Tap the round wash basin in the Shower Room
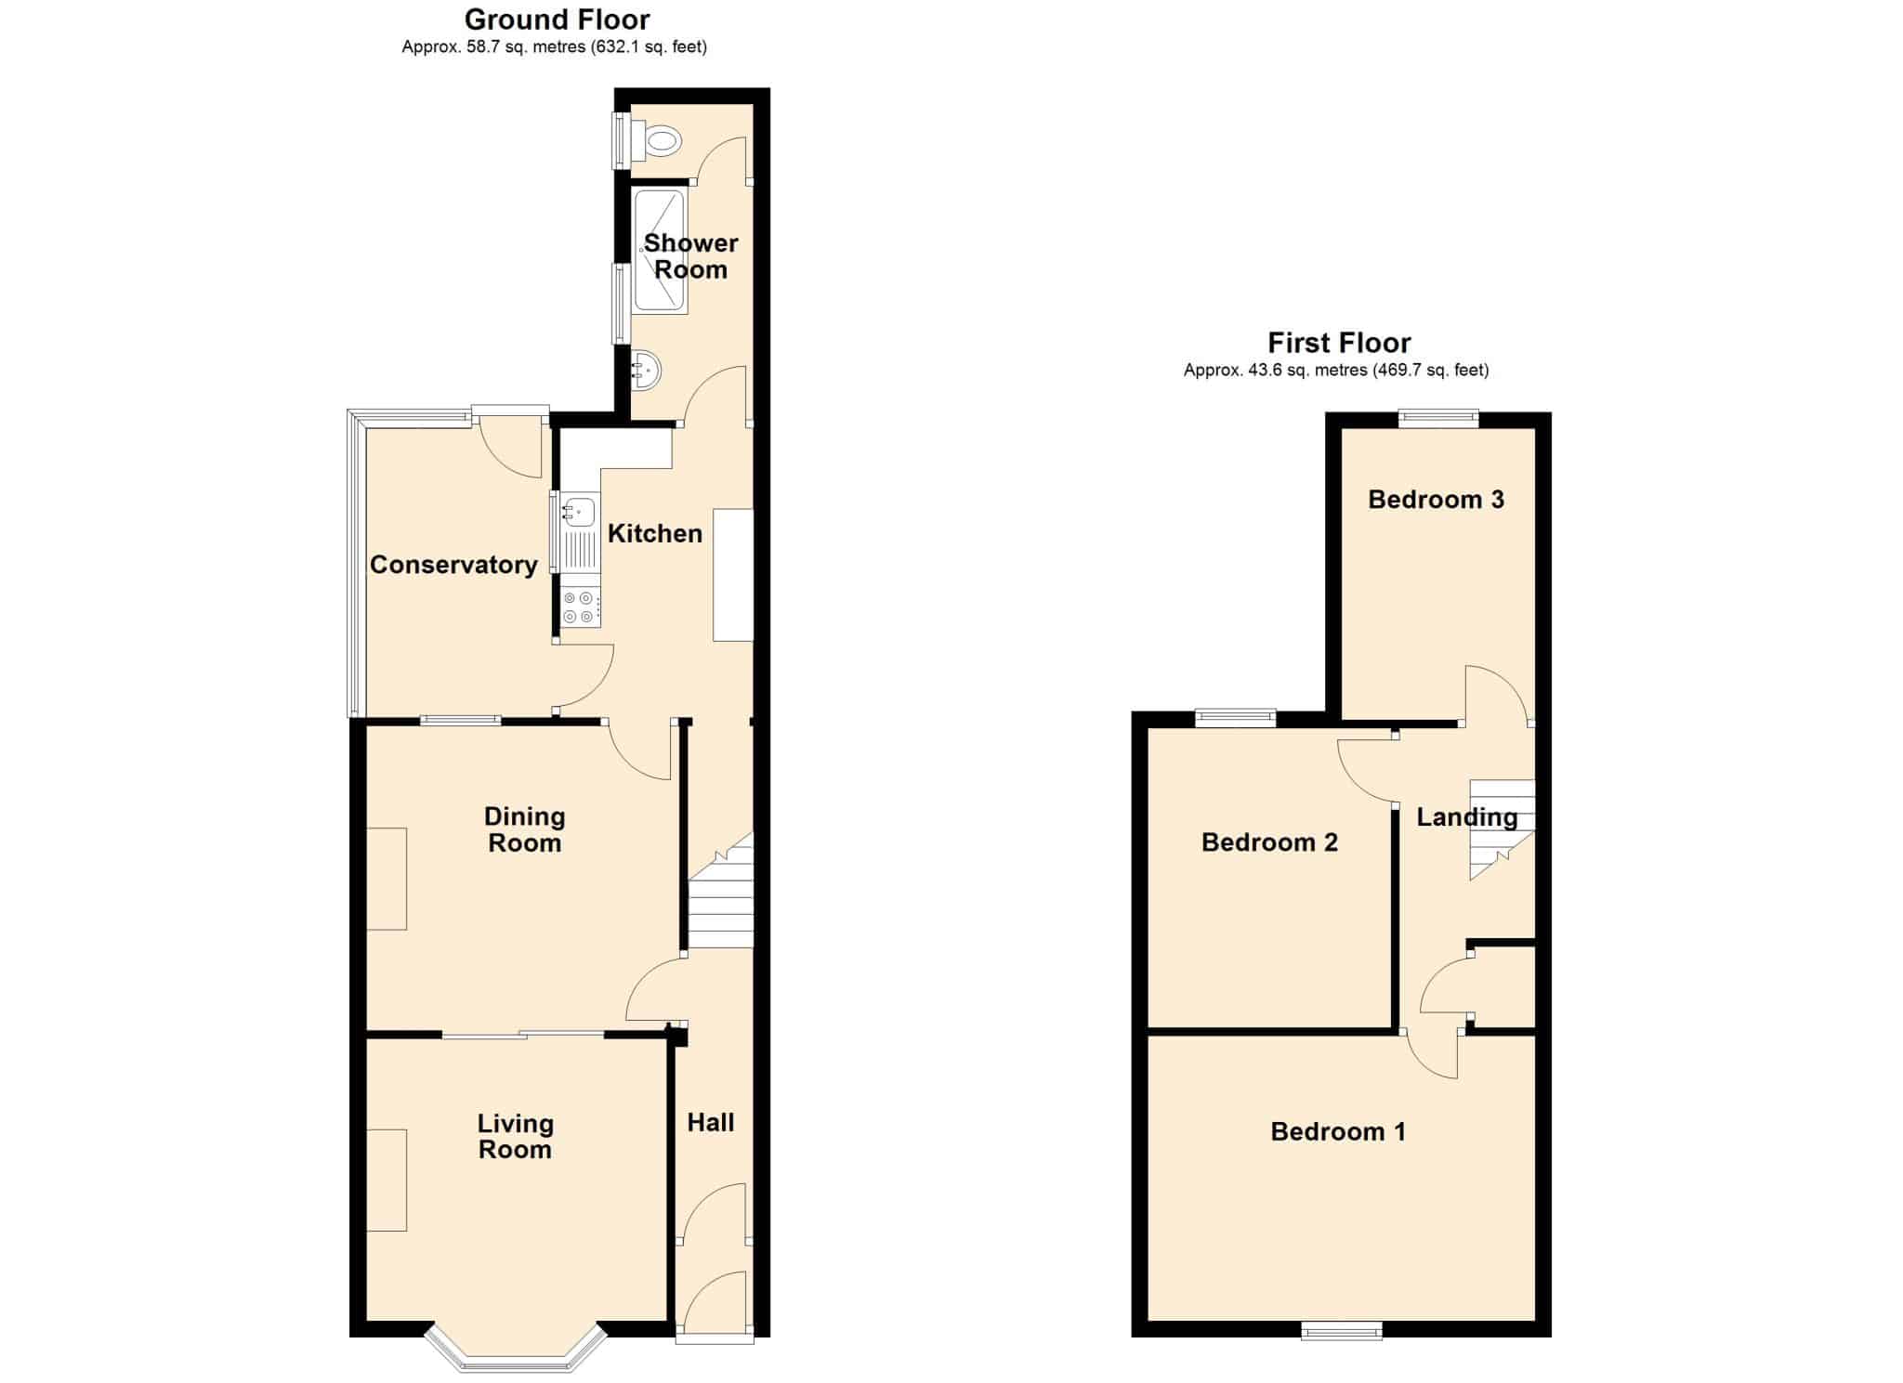[x=646, y=371]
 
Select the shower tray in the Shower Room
[x=659, y=251]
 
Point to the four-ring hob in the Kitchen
[x=580, y=607]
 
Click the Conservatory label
[x=453, y=565]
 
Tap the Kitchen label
[x=655, y=533]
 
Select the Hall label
[x=711, y=1122]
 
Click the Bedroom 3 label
[x=1436, y=500]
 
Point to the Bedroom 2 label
[x=1269, y=842]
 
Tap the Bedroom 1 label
[x=1338, y=1131]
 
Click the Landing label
[x=1467, y=817]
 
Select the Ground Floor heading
[x=558, y=19]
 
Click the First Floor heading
[x=1339, y=343]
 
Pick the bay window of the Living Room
[x=516, y=1350]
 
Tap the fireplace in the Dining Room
[x=387, y=879]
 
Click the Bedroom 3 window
[x=1439, y=419]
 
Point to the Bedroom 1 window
[x=1341, y=1331]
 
